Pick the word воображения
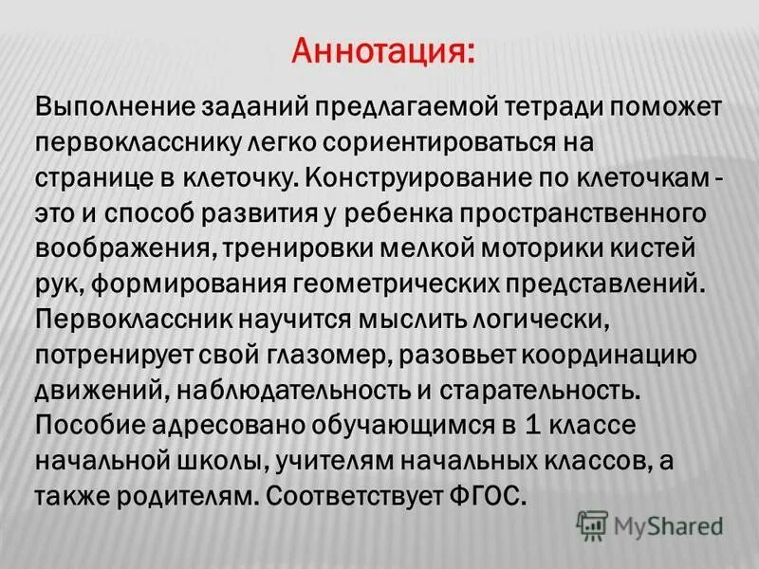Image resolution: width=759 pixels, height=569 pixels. pos(115,248)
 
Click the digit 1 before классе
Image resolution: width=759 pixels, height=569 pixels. pos(507,425)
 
